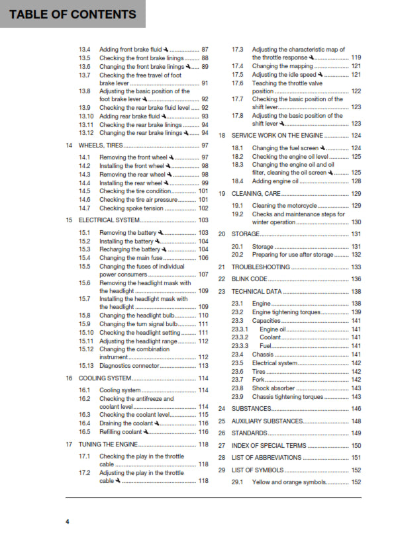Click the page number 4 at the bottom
[x=67, y=522]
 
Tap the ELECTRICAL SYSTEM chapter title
[x=109, y=220]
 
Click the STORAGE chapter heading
[x=245, y=234]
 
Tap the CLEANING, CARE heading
[x=256, y=194]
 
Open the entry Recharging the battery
[x=130, y=249]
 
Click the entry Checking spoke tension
[x=131, y=208]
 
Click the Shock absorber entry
[x=273, y=388]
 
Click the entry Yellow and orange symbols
[x=290, y=482]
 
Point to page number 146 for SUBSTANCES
[x=356, y=409]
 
